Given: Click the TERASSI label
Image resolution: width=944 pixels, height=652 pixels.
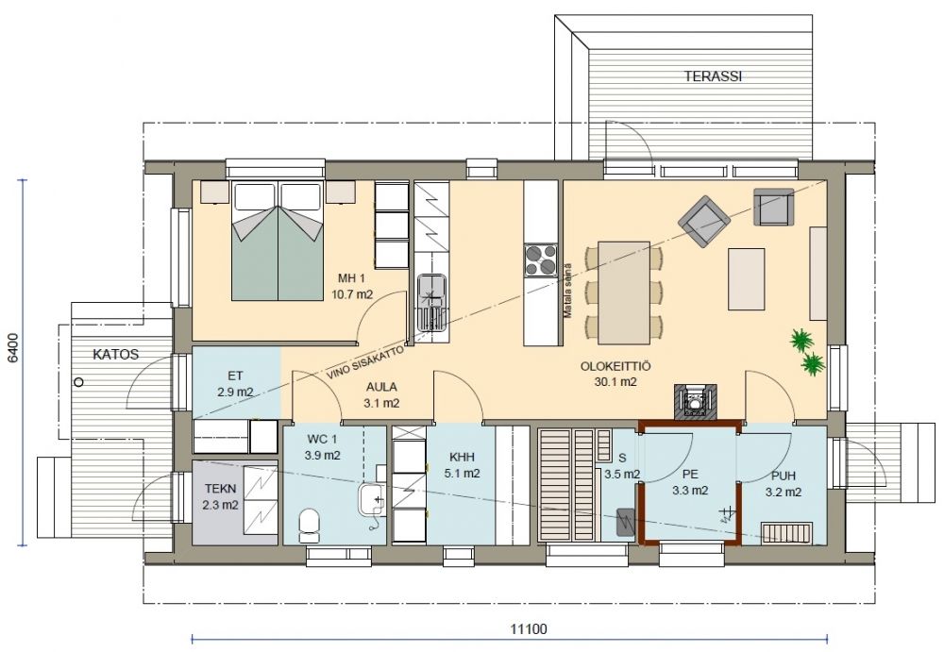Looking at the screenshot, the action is pos(712,76).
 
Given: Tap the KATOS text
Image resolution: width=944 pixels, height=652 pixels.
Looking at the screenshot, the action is pos(115,354).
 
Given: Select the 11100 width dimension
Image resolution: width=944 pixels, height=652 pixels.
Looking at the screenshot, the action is pos(529,629).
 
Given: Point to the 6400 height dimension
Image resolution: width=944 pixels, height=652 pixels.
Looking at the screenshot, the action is pos(13,348).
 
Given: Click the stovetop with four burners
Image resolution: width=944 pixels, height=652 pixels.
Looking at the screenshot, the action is pos(541,260).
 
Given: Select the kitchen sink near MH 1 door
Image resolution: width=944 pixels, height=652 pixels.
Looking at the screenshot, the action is pos(431,303).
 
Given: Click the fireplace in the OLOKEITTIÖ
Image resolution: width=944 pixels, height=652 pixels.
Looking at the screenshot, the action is pos(696,401).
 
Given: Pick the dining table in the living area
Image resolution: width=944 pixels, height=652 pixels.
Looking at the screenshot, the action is pos(624,293).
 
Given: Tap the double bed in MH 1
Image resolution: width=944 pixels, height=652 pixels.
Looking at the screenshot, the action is pos(278,241).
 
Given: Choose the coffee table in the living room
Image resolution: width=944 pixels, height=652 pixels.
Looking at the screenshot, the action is pos(747,278).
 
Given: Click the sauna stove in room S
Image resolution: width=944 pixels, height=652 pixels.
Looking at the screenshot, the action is pos(626,522).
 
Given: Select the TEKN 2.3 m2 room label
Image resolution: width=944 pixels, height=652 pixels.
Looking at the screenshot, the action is pos(220,497).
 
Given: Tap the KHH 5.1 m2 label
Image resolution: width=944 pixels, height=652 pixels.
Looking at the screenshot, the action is pos(462,465).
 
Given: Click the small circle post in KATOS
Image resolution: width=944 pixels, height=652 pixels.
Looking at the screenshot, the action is pos(79,382).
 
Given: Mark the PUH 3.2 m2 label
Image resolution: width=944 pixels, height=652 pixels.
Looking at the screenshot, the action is pos(784,484).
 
